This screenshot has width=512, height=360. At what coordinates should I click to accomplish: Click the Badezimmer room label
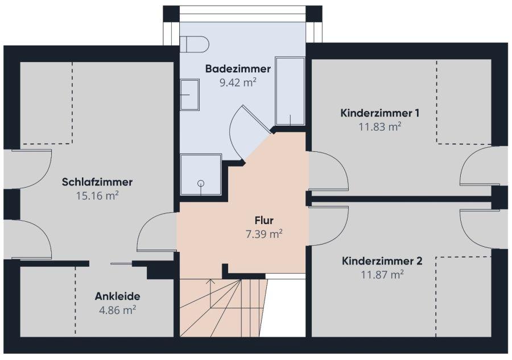click(238, 69)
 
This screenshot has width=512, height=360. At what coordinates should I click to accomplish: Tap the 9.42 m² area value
click(238, 82)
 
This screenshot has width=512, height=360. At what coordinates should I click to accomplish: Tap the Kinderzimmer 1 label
click(380, 113)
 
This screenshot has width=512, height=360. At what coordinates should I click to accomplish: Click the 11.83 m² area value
click(380, 126)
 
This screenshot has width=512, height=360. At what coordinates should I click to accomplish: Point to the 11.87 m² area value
click(382, 275)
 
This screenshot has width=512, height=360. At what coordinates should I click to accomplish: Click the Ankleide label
click(117, 296)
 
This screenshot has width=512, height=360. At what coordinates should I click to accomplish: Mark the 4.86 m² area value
click(117, 310)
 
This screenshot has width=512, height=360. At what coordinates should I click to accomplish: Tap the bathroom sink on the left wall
click(189, 94)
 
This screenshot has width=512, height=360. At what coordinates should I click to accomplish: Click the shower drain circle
click(201, 183)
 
